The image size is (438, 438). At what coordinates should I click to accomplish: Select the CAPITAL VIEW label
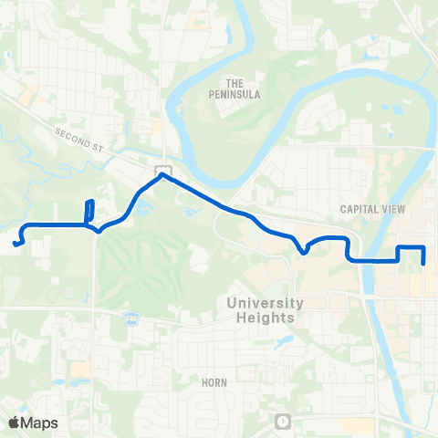click(372, 209)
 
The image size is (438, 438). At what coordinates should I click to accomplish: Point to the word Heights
click(264, 318)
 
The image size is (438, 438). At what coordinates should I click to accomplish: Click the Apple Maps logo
click(34, 422)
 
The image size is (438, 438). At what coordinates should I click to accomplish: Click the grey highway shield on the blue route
click(162, 171)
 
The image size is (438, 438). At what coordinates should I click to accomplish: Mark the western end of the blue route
click(16, 243)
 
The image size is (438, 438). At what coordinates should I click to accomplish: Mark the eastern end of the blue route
click(425, 264)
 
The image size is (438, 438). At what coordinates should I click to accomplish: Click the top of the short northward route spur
click(90, 202)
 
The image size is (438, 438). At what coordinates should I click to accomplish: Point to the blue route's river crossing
click(374, 260)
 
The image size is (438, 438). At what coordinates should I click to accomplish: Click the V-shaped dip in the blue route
click(303, 252)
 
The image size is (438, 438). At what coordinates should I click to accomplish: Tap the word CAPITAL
click(359, 209)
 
